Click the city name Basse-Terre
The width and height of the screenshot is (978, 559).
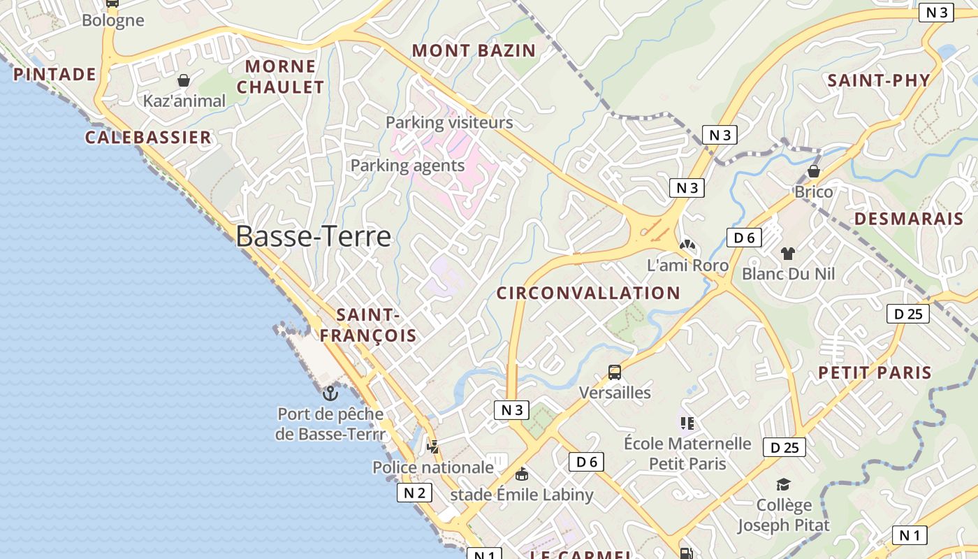point(313,237)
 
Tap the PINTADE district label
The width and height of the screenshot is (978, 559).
point(55,74)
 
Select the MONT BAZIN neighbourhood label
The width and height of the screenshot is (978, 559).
point(474,50)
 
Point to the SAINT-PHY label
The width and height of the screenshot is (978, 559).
point(879,80)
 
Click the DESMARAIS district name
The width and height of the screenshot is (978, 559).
point(909,219)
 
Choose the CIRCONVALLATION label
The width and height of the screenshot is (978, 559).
point(588,293)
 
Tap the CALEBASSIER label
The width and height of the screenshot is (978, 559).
point(148,137)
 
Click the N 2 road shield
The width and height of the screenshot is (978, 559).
point(414,493)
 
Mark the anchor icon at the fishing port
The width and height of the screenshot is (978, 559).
point(330,393)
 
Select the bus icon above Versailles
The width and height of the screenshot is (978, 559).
point(615,372)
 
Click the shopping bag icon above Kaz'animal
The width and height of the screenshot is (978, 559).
point(184,81)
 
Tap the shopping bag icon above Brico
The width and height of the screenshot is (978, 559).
point(813,171)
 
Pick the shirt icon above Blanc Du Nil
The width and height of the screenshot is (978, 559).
point(788,253)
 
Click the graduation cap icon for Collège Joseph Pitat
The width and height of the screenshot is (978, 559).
point(784,484)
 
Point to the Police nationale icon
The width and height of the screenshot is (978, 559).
point(433,447)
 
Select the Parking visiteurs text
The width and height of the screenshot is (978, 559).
point(449,123)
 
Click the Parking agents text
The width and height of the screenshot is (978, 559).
point(407,166)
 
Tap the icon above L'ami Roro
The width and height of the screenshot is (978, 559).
point(687,245)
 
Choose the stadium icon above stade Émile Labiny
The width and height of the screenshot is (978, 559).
point(521,474)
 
